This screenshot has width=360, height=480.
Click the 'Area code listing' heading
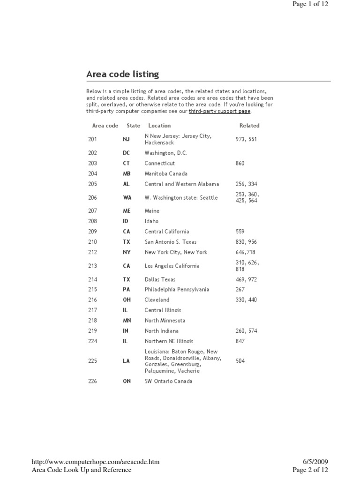[122, 74]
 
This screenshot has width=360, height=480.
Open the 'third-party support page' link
[220, 112]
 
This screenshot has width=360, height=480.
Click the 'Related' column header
[249, 126]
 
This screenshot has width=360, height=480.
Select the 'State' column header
[133, 126]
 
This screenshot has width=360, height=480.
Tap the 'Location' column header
[159, 126]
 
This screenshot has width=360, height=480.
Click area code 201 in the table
[92, 139]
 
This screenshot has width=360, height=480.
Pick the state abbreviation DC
[126, 153]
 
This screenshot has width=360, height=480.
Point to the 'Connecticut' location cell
[159, 163]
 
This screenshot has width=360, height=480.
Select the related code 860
[240, 163]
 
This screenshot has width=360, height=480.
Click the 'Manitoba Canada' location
[166, 173]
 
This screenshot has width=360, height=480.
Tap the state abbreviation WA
[127, 198]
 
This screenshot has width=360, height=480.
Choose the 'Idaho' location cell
[151, 221]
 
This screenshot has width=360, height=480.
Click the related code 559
[240, 232]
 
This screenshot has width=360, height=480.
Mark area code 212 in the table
[92, 252]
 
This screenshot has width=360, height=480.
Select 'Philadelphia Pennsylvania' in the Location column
[177, 289]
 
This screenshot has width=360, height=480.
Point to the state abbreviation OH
[127, 300]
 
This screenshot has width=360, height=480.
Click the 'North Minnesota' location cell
[165, 321]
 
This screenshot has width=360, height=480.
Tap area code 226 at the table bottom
[92, 381]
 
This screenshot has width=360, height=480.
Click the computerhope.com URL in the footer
[96, 462]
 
